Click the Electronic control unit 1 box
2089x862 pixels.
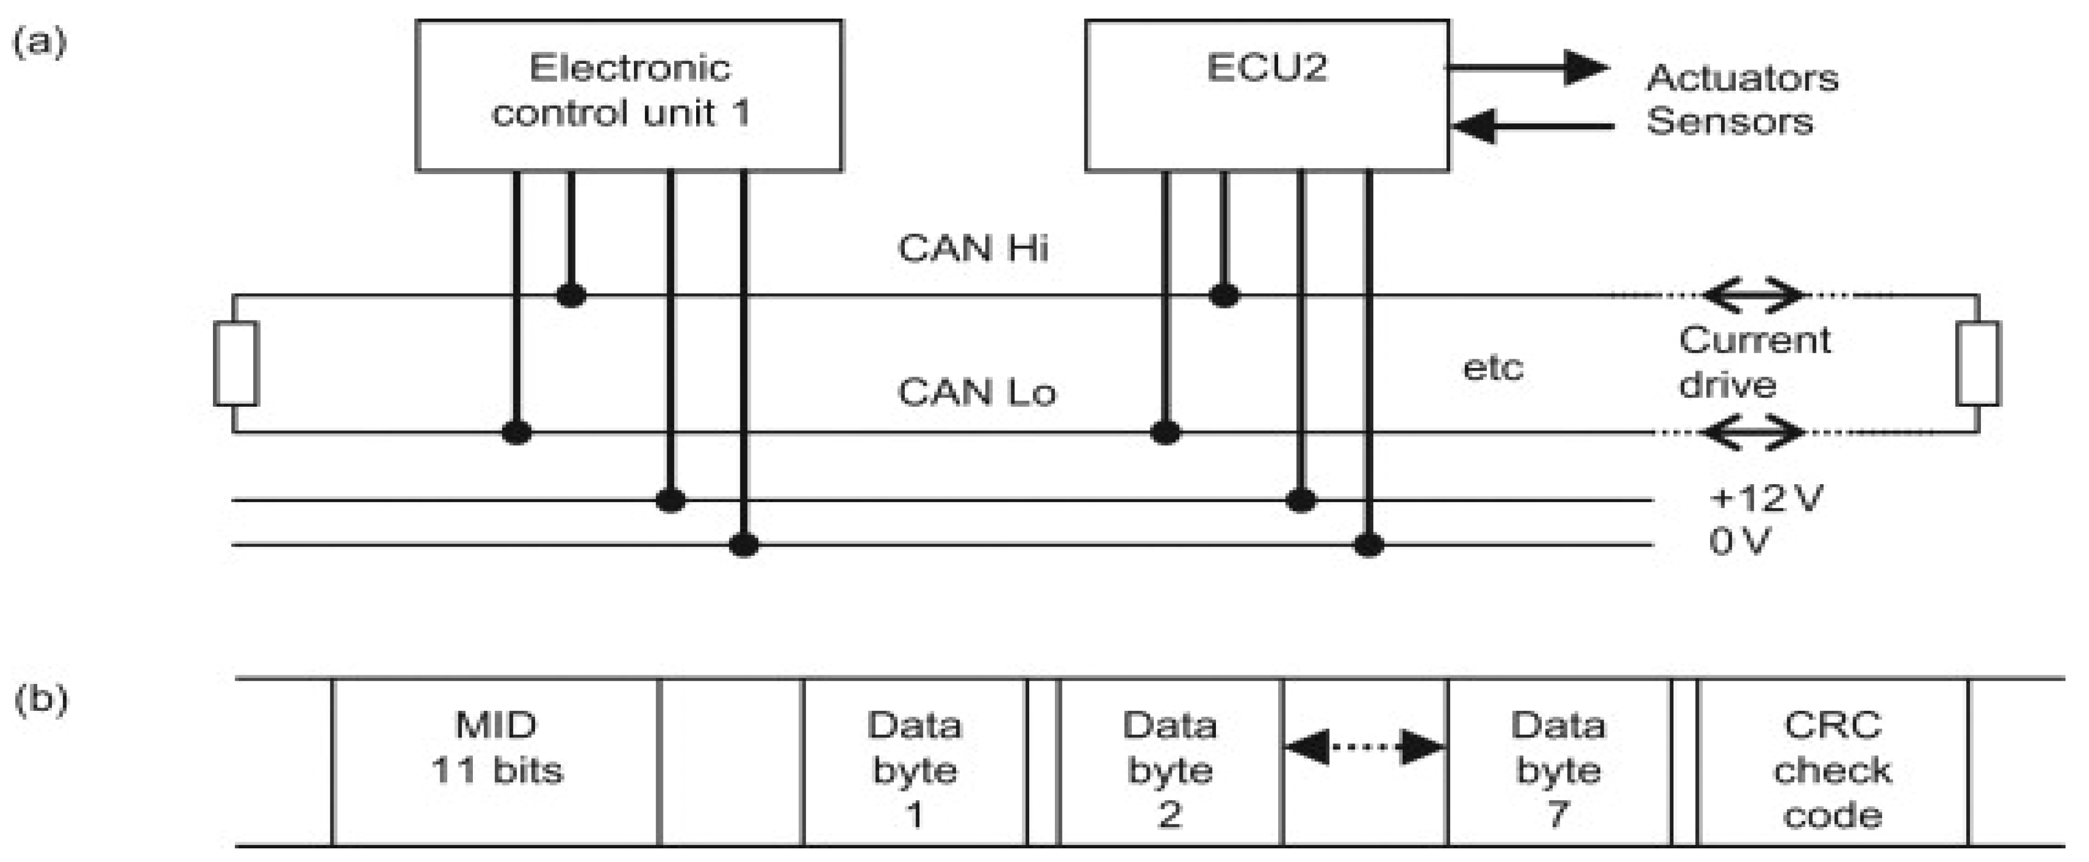[x=628, y=95]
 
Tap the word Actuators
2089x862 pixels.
[x=1742, y=79]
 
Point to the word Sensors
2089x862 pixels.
[x=1729, y=122]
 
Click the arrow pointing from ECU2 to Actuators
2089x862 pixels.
[x=1529, y=67]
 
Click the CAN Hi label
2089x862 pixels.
[x=972, y=248]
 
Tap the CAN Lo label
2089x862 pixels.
[x=976, y=393]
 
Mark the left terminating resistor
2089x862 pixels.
[x=236, y=363]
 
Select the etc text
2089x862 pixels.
[x=1492, y=368]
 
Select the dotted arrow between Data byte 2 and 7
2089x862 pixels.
[x=1365, y=747]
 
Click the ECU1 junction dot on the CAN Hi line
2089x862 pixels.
[x=571, y=295]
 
